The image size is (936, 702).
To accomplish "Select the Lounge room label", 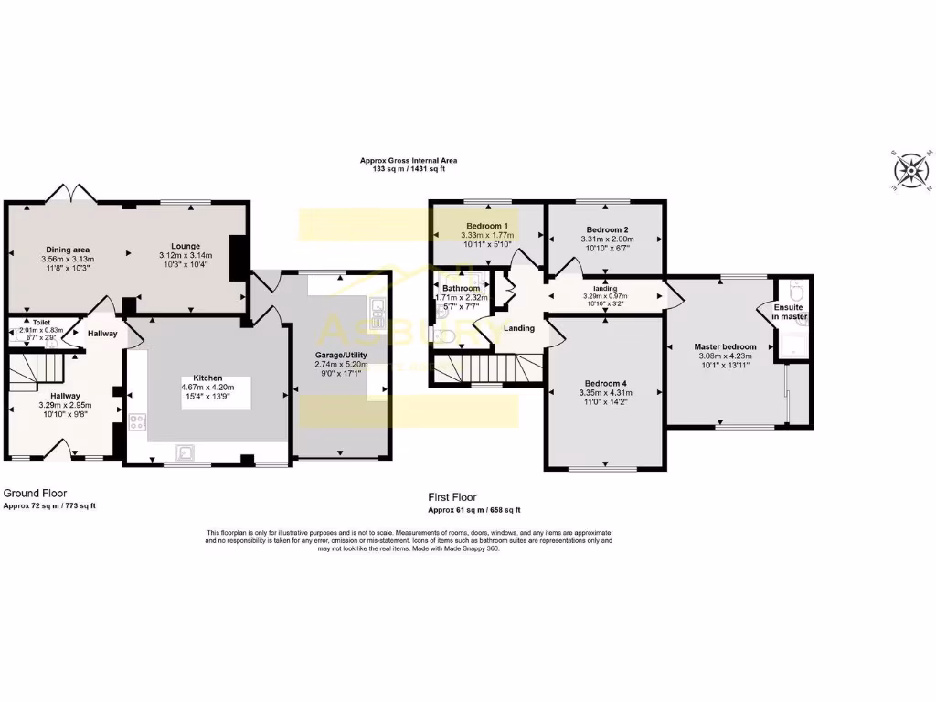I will tap(178, 245).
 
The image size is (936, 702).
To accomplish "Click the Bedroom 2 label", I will tap(607, 229).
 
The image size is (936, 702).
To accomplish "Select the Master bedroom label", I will tap(726, 346).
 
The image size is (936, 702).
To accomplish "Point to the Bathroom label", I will tap(462, 287).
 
